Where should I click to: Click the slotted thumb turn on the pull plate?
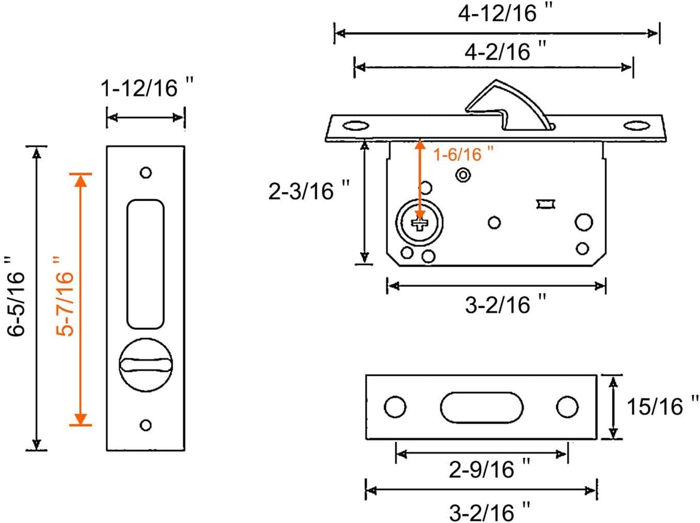pos(145,365)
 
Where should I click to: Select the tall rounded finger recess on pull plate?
pos(145,263)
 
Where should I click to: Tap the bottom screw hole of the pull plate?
pos(146,425)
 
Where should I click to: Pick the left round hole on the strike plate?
pos(394,407)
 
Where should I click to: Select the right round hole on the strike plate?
pos(565,407)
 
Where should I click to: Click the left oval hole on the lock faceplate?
pos(355,125)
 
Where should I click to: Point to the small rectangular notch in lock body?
pos(545,204)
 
